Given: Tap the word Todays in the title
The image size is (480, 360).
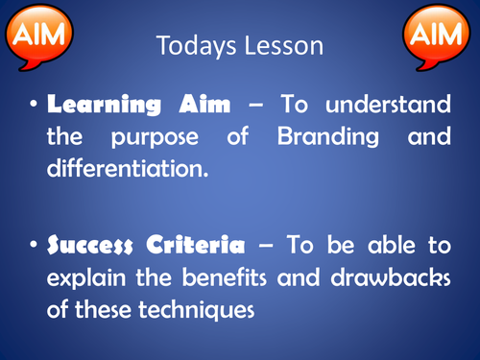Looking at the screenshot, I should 191,45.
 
